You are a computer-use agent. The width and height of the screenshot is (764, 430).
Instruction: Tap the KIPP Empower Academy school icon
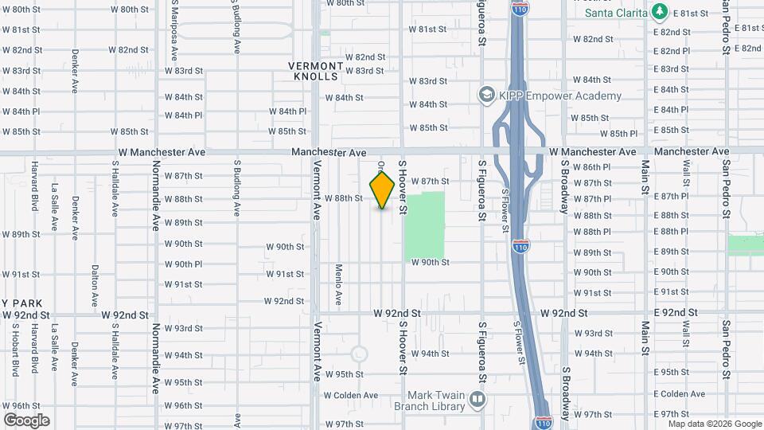(x=485, y=96)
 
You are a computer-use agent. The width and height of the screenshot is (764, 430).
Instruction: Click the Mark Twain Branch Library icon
(x=477, y=398)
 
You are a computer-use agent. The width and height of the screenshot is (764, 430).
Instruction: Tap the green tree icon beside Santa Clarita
(x=658, y=11)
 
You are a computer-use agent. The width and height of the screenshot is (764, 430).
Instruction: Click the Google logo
(x=26, y=420)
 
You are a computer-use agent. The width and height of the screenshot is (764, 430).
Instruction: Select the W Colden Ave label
(x=349, y=395)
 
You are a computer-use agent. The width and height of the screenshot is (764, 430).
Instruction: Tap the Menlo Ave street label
(x=339, y=284)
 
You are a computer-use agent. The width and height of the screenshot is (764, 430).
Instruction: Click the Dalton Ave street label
(x=94, y=286)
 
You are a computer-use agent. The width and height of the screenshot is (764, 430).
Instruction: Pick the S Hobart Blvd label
(x=14, y=351)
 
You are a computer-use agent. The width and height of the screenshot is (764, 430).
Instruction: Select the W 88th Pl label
(x=592, y=232)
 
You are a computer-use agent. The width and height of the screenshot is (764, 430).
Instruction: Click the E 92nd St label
(x=674, y=313)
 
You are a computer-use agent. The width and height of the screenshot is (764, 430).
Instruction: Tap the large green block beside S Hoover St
(x=425, y=225)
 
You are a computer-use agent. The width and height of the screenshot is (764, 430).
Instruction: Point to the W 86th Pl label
(x=592, y=167)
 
